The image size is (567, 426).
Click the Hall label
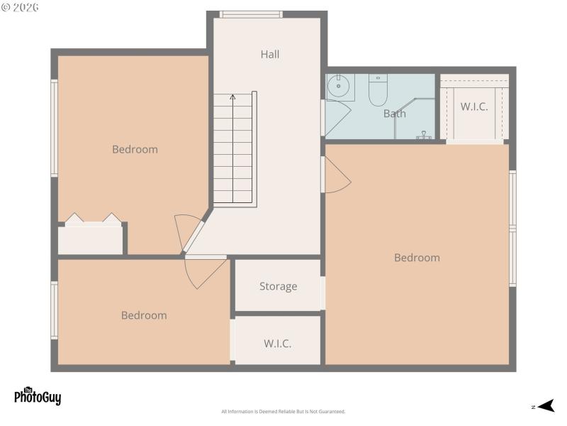coord(269,54)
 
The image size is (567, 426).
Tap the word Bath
coord(395,114)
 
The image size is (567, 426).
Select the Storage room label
coord(278,287)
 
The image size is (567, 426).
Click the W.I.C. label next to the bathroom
coord(474,107)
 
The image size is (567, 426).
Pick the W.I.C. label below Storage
coord(278,344)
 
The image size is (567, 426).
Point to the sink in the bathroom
coord(339,87)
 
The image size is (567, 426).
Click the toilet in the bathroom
coord(378,90)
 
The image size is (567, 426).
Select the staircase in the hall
coord(234,149)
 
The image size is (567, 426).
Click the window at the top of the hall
coord(251,14)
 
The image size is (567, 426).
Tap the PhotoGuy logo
coord(38,396)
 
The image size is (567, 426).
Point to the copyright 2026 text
coord(21,7)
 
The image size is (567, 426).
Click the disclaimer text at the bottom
coord(283,412)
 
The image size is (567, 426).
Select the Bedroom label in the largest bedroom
coord(417,258)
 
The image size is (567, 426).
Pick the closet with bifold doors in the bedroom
coord(91,234)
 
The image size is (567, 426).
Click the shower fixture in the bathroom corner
coord(425,135)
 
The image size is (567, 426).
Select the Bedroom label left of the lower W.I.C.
coord(144,315)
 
